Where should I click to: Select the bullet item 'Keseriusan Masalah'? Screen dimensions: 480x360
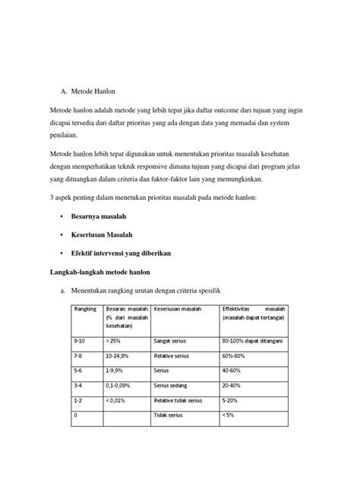104,235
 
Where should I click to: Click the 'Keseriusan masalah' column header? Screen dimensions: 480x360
177,310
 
